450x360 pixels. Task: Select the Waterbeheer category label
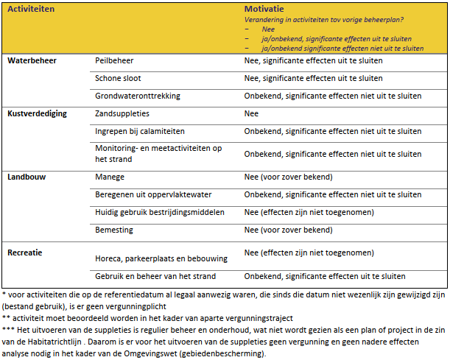32,60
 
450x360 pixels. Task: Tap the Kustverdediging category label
37,114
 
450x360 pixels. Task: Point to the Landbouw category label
27,177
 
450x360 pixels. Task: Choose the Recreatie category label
25,253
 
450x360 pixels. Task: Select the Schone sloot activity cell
118,78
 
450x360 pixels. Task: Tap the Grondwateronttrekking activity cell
138,96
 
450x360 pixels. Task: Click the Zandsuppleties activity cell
122,114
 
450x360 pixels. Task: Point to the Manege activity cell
110,177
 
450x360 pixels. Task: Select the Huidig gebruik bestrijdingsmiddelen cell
160,213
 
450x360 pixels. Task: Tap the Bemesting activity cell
116,230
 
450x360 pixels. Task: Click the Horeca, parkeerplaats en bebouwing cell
161,258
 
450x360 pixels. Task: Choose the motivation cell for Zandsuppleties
252,114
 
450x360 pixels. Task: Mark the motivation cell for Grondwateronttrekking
333,96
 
